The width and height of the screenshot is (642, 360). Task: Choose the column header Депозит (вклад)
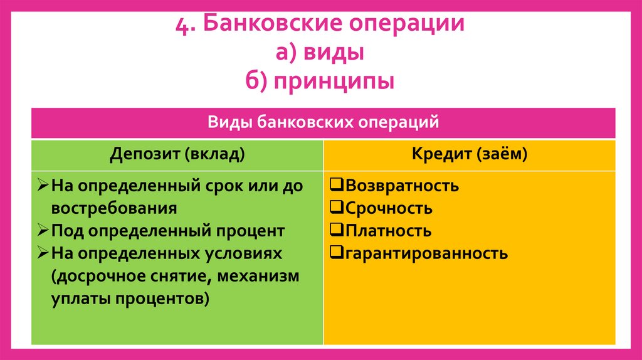tap(177, 154)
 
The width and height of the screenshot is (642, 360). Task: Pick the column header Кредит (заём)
tap(470, 154)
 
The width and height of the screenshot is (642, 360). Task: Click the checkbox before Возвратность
tap(335, 185)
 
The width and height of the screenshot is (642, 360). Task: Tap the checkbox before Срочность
tap(335, 208)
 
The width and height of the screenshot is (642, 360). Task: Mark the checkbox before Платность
tap(335, 230)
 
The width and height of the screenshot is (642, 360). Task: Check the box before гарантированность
tap(335, 253)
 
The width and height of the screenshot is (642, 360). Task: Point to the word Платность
tap(388, 231)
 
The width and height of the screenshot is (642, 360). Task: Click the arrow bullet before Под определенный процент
tap(43, 230)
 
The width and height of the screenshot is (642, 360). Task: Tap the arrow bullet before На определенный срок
tap(43, 185)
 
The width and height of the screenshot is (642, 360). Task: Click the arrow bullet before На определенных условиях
tap(43, 253)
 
